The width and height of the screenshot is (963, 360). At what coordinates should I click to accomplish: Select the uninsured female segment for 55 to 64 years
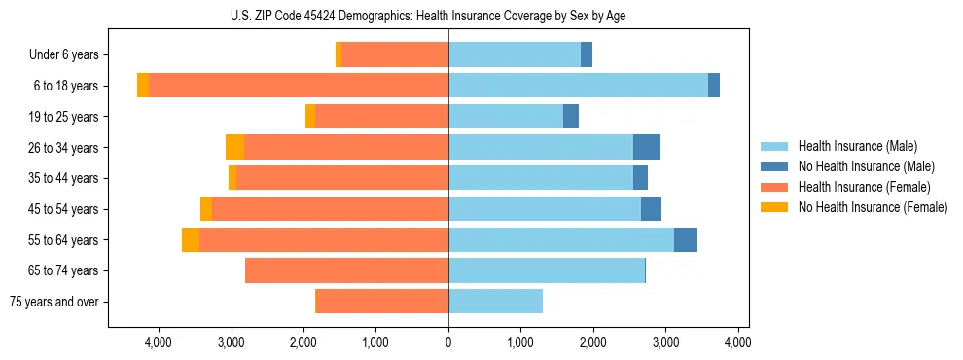pos(191,239)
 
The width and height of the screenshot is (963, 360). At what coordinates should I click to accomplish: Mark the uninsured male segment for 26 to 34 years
pos(647,147)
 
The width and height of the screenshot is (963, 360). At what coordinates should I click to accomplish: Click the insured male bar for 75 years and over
pos(495,302)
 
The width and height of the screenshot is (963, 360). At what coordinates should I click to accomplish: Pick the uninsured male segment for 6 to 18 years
pos(714,86)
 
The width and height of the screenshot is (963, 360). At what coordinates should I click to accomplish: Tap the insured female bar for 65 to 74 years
pos(346,270)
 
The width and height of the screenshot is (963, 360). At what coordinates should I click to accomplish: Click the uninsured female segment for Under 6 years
pos(339,55)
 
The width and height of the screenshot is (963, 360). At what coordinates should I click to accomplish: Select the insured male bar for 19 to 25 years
pos(506,117)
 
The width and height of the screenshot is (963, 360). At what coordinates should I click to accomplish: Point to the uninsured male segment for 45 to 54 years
pos(651,209)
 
